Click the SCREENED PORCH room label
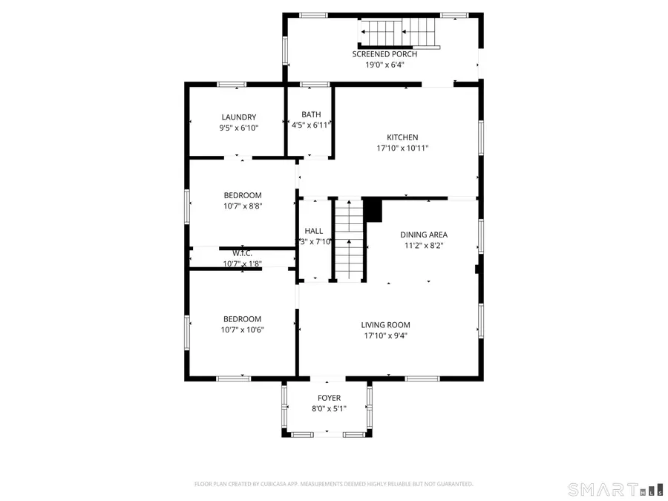click(x=384, y=54)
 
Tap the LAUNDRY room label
click(x=238, y=117)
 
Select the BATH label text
click(x=310, y=114)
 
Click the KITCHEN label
click(x=402, y=137)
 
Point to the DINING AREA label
click(x=425, y=235)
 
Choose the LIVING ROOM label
click(x=385, y=324)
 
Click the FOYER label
click(x=329, y=398)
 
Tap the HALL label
click(x=313, y=231)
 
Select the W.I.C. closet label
click(x=242, y=253)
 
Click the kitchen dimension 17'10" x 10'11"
click(x=402, y=148)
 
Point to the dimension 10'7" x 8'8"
click(x=242, y=206)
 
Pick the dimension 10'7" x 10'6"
click(x=242, y=330)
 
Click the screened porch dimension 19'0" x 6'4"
click(x=384, y=65)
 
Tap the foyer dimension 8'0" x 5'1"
click(x=329, y=408)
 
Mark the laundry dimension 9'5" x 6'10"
click(x=238, y=128)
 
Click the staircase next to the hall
click(x=348, y=239)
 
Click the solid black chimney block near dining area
click(x=373, y=209)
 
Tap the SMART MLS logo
click(x=604, y=489)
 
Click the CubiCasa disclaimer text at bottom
click(x=333, y=484)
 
